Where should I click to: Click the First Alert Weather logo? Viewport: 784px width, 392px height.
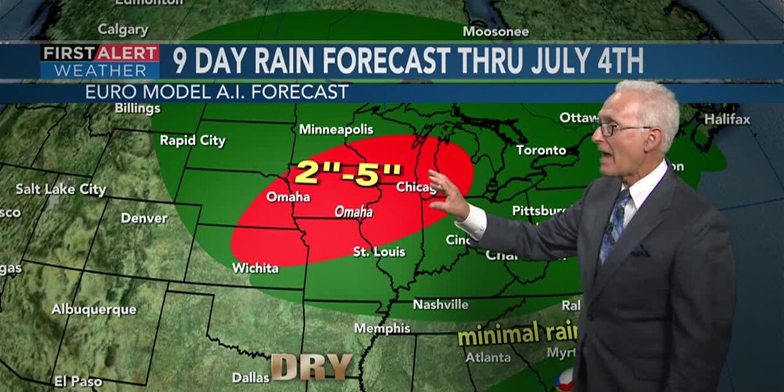click(x=99, y=61)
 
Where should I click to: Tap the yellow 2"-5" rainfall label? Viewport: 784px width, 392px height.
click(x=348, y=172)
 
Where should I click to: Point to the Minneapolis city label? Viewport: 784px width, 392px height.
click(x=336, y=129)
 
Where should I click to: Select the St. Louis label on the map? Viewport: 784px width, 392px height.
click(x=379, y=252)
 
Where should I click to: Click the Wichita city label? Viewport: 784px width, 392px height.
click(x=255, y=268)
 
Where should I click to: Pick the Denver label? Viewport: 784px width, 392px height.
click(x=144, y=218)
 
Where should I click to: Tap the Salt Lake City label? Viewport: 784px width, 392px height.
click(x=61, y=189)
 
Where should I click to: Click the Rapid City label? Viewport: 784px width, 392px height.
click(x=193, y=140)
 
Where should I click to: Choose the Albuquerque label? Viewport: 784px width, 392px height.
click(x=94, y=309)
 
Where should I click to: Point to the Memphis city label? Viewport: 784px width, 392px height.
click(x=382, y=328)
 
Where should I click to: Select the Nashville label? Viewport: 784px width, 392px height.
click(x=440, y=304)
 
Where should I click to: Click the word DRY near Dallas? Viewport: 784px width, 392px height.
click(x=312, y=367)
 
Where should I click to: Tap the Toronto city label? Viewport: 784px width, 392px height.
click(x=541, y=150)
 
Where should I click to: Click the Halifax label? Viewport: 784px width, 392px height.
click(x=727, y=120)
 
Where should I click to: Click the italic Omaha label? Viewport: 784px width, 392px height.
click(x=353, y=212)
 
